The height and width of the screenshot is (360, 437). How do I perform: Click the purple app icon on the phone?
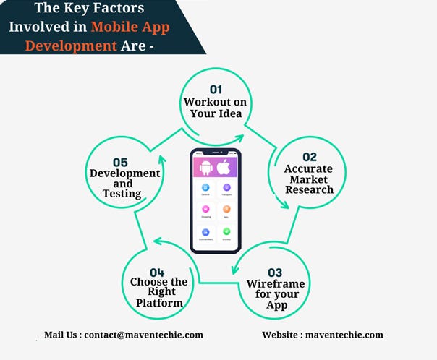[x=226, y=187]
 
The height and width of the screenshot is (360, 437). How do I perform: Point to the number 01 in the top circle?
[x=216, y=90]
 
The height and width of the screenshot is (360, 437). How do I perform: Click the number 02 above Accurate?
[x=310, y=157]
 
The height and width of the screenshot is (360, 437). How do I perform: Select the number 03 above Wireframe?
[x=275, y=273]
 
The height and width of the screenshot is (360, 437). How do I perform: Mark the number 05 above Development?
[x=121, y=163]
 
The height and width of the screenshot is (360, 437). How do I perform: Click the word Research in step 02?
[x=310, y=189]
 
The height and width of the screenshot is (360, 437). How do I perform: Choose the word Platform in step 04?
[x=159, y=302]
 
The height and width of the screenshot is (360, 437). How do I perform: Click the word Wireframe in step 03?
[x=276, y=283]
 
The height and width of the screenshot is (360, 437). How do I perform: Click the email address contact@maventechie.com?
[x=143, y=335]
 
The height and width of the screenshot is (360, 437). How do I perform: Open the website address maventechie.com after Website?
[x=344, y=335]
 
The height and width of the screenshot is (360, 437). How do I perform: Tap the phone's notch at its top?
[x=215, y=152]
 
